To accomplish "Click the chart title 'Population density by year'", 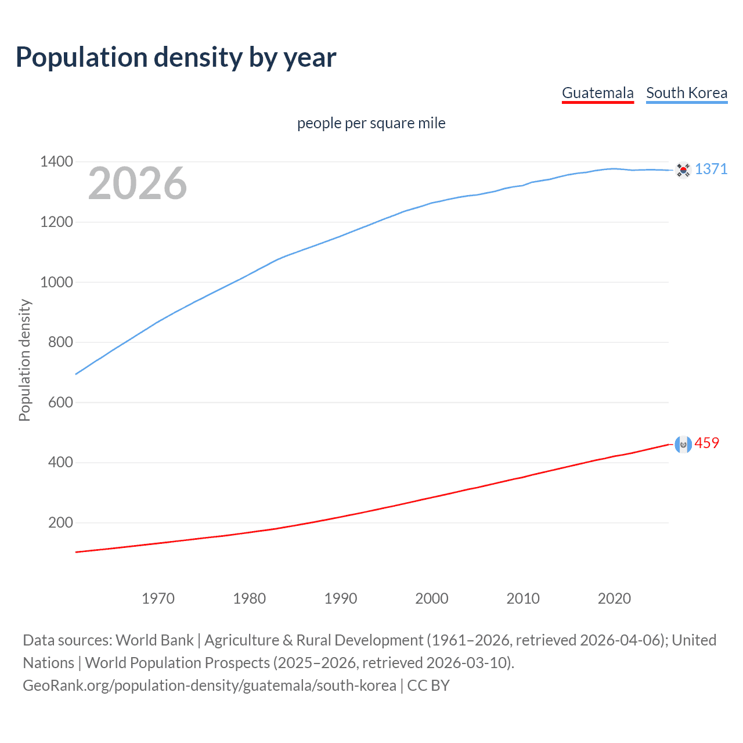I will [x=176, y=57].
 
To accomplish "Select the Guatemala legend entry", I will [x=597, y=93].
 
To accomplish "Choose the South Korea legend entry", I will [x=686, y=93].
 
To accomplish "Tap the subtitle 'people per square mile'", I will [x=371, y=123].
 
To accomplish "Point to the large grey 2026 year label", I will [x=138, y=184].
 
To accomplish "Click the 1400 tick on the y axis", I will [x=56, y=161].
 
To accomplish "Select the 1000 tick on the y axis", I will [x=56, y=282].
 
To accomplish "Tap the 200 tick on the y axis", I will [x=60, y=522].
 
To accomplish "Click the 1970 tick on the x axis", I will [x=158, y=598].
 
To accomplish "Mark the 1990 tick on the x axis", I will [x=341, y=598].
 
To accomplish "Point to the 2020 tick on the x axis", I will [x=614, y=598].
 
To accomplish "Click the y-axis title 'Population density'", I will [x=24, y=360].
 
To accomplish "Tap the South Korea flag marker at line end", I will [x=683, y=170].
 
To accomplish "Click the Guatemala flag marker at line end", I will [x=683, y=445].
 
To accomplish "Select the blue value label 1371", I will [x=710, y=169].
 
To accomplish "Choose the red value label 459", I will [x=706, y=443].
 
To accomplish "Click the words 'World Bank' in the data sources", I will [x=154, y=640].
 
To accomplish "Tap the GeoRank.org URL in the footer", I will [x=209, y=686].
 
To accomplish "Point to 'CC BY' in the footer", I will [x=428, y=686].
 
